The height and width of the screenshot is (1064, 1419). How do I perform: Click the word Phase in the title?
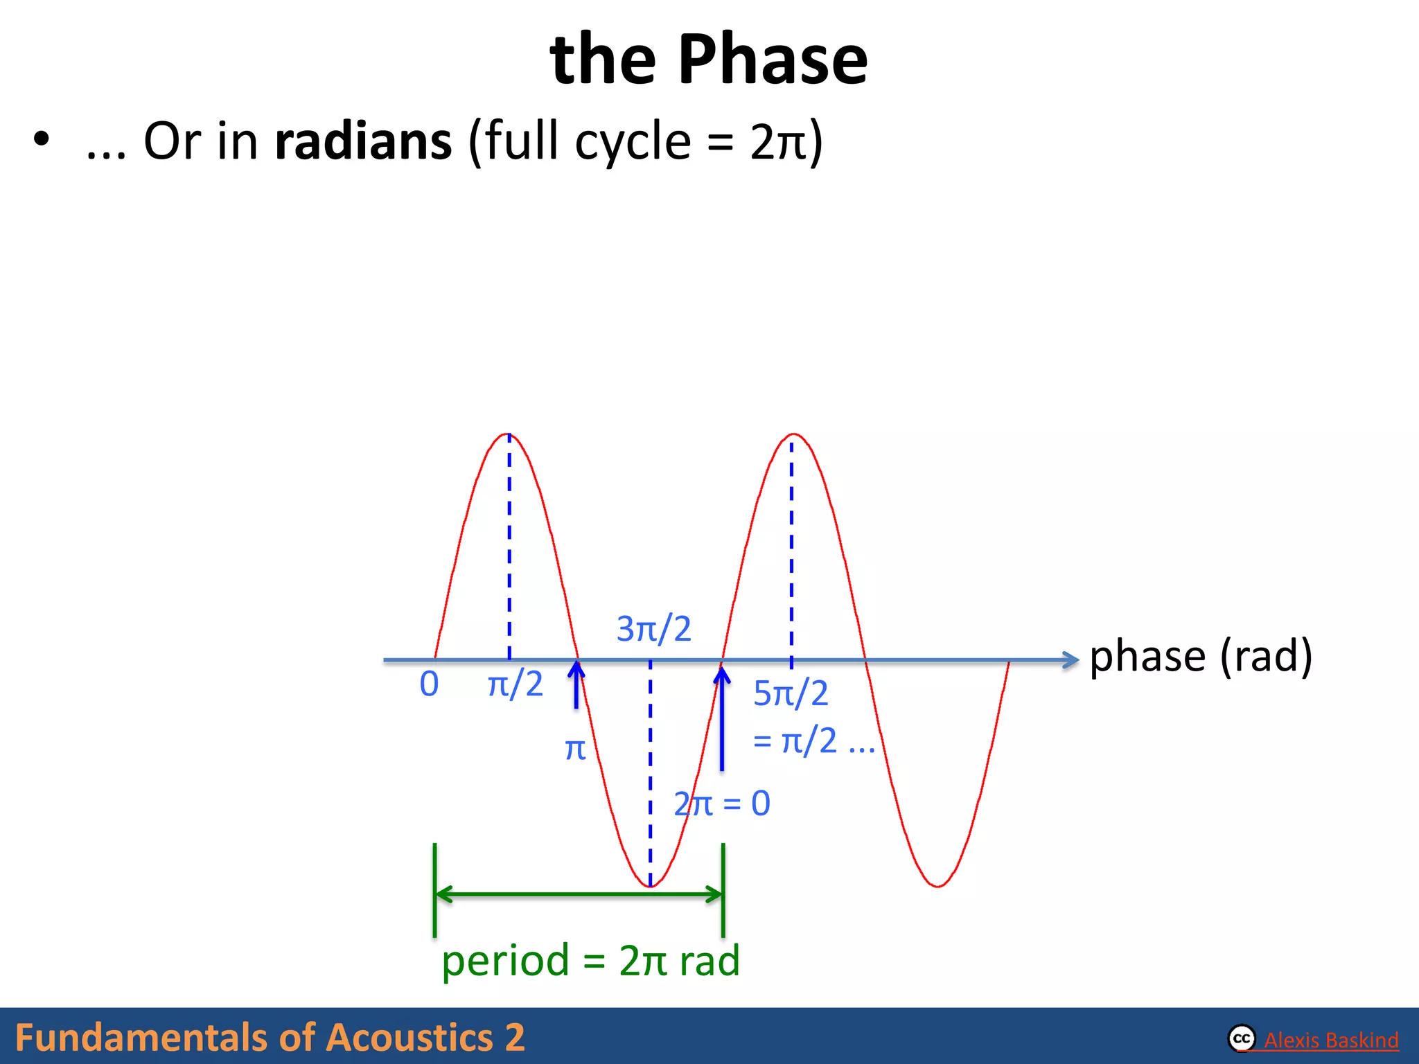coord(772,60)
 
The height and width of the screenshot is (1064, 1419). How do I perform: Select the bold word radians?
coord(363,141)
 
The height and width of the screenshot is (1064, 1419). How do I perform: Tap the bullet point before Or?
coord(42,139)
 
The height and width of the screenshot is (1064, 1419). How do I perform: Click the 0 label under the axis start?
coord(429,684)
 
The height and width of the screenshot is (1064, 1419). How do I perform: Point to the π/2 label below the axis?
coord(515,684)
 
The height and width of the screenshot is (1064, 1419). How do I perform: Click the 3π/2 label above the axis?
coord(653,629)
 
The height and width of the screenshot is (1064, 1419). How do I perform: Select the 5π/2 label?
coord(791,693)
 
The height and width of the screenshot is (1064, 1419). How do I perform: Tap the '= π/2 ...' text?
coord(813,741)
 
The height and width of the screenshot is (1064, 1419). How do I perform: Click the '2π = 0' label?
coord(722,804)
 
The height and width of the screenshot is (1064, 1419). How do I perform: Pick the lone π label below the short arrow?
coord(575,750)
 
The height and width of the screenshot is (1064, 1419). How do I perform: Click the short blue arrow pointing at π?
coord(576,686)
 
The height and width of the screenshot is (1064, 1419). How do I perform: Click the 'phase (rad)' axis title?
coord(1201,656)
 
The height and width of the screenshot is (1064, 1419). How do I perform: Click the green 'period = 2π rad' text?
coord(590,961)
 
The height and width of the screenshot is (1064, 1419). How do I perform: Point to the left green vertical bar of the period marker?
coord(434,890)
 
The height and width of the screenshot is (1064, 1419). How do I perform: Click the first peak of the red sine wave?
coord(509,435)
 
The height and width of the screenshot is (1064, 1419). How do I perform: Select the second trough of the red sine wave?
coord(937,885)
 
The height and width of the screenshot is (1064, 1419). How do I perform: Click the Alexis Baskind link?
coord(1330,1040)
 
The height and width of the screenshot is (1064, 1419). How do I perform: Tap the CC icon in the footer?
coord(1242,1038)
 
